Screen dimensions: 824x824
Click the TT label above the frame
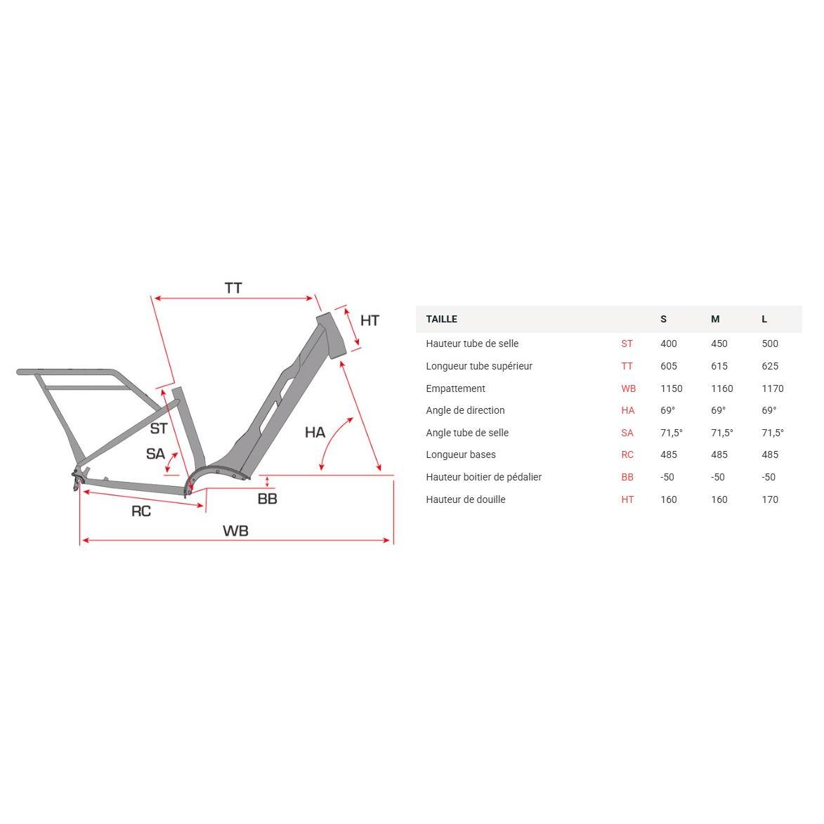233,288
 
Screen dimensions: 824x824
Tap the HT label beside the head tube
370,320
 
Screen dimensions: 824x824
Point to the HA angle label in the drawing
315,432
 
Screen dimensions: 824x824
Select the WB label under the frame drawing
235,531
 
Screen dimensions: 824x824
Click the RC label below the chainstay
141,511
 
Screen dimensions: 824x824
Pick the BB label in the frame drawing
267,499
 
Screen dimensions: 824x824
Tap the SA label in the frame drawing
155,454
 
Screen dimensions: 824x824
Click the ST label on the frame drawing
159,428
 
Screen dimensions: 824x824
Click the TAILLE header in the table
441,319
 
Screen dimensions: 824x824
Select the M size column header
715,319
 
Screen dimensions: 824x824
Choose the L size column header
764,319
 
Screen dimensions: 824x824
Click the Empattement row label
455,388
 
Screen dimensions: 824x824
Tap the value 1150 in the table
671,388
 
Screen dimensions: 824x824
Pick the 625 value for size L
770,366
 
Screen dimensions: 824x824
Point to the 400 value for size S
669,344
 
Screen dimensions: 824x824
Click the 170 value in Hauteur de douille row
770,499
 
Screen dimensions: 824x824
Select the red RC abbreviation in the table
627,454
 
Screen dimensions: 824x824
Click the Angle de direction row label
465,410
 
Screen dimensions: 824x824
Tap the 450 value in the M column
719,344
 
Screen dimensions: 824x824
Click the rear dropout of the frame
76,480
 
